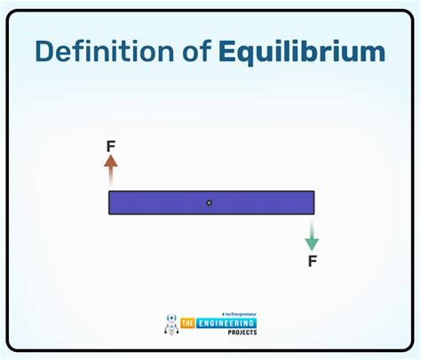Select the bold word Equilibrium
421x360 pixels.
[302, 52]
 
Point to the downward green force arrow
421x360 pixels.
[312, 235]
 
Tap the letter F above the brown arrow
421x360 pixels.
[110, 146]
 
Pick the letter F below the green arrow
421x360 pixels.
[312, 261]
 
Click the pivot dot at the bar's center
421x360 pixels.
[210, 203]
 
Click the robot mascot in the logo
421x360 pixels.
[172, 325]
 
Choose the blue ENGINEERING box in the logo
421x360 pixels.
[231, 324]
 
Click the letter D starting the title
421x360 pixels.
[45, 51]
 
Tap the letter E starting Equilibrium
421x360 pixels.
[226, 51]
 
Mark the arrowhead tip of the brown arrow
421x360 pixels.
[110, 156]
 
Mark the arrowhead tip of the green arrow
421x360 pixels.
[312, 250]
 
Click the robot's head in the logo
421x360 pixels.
[172, 318]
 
